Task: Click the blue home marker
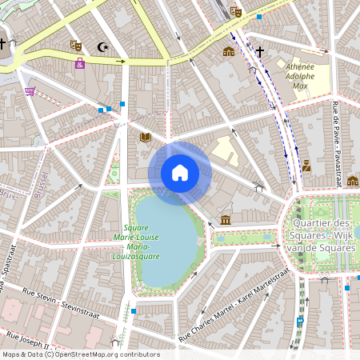click(180, 173)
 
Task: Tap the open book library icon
click(146, 138)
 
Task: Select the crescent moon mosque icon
click(102, 47)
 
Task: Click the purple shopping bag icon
click(79, 63)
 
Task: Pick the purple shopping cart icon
click(30, 91)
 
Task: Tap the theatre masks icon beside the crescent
click(76, 46)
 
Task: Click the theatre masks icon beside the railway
click(235, 11)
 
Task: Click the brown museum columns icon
click(226, 219)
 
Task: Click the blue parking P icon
click(300, 322)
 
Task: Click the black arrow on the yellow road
click(120, 61)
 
